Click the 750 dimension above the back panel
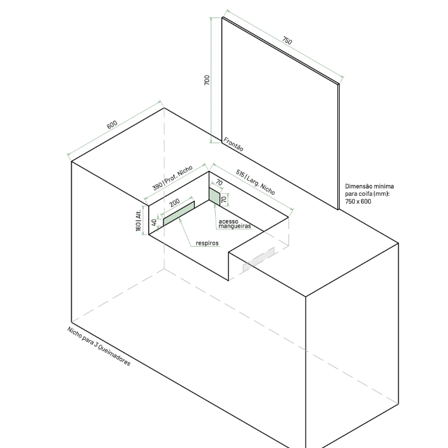point(287,41)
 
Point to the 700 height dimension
point(207,80)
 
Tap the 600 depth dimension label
point(112,125)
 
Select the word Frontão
point(233,145)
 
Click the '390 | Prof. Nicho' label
point(173,178)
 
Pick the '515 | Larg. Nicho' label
point(256,182)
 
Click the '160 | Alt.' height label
point(139,220)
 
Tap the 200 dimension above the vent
point(174,202)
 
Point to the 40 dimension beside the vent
point(154,222)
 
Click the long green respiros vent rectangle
point(179,214)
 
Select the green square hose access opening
point(214,197)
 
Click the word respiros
point(207,243)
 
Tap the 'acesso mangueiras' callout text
point(235,224)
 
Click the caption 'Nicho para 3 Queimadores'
point(99,346)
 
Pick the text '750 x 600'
point(358,201)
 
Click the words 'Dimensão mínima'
point(369,186)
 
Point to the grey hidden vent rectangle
point(258,260)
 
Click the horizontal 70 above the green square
point(219,182)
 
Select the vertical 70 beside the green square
point(224,199)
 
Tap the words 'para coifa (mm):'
point(367,194)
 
